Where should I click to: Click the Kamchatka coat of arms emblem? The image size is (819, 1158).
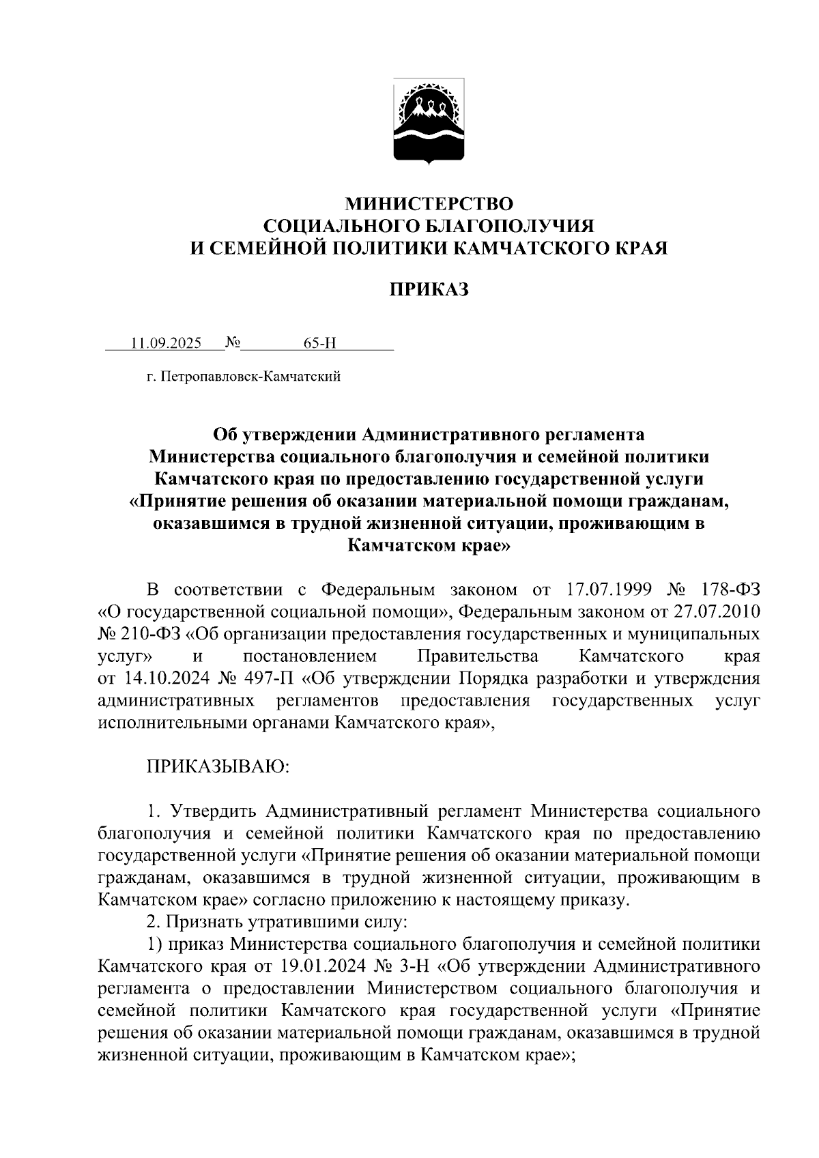pos(429,121)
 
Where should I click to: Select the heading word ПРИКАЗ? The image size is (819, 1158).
pos(429,291)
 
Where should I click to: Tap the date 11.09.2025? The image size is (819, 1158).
pos(167,343)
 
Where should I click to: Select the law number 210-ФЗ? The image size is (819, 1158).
pos(152,634)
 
